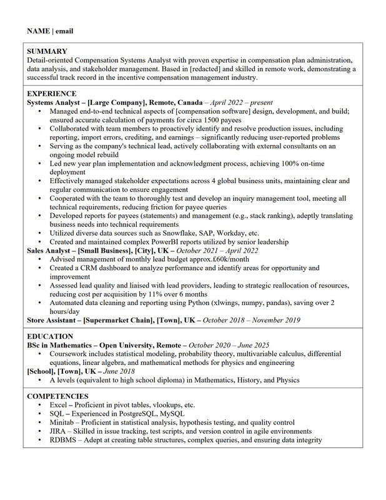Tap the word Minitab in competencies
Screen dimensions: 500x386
(x=63, y=422)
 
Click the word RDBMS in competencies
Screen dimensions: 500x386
(x=64, y=440)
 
